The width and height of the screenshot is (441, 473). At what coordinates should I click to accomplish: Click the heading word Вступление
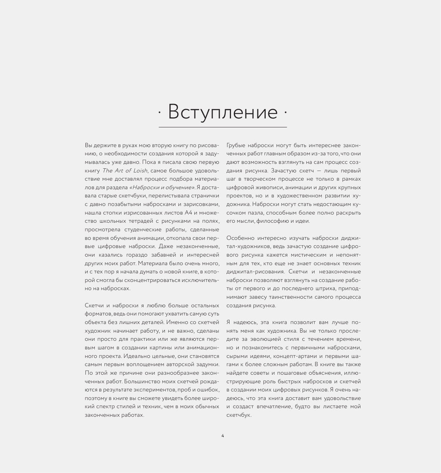click(x=223, y=112)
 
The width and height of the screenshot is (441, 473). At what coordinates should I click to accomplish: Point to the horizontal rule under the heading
click(x=223, y=127)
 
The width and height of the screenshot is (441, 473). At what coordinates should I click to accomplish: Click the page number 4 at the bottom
click(x=223, y=436)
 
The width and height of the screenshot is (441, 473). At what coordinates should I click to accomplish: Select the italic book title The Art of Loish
click(x=125, y=171)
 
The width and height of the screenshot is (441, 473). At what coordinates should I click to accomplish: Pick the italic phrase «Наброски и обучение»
click(x=162, y=187)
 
